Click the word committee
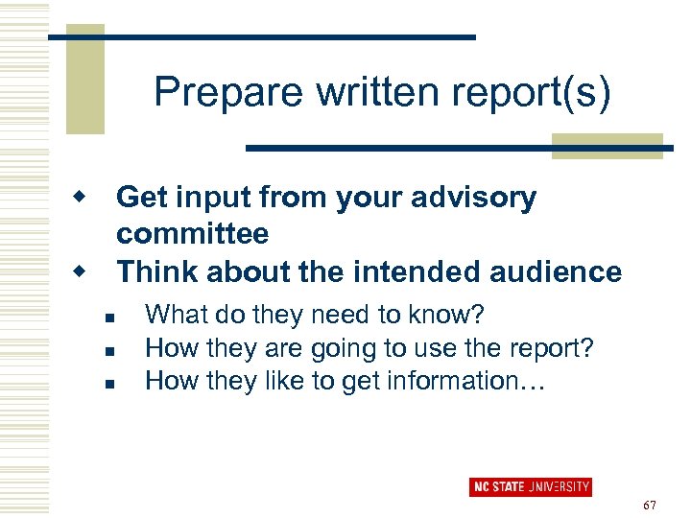coord(192,233)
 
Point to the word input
coord(208,198)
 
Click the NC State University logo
coord(530,486)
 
